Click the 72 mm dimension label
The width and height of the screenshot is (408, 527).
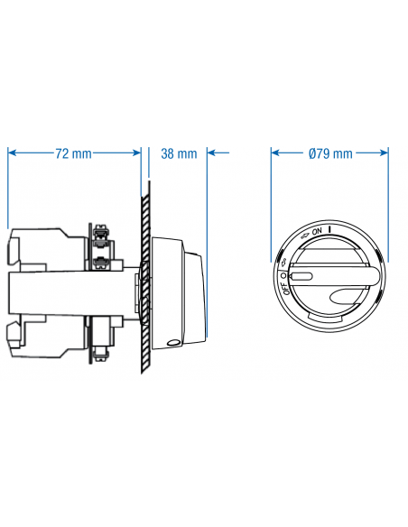click(x=73, y=153)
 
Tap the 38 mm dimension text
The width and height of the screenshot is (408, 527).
click(x=179, y=153)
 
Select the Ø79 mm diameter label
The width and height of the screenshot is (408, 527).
click(x=330, y=153)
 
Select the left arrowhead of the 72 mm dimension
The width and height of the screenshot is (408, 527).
click(x=12, y=153)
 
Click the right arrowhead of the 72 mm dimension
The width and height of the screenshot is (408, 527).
click(x=137, y=153)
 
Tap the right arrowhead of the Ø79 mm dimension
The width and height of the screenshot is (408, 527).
click(x=385, y=153)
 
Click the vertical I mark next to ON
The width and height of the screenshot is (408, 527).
click(x=330, y=230)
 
